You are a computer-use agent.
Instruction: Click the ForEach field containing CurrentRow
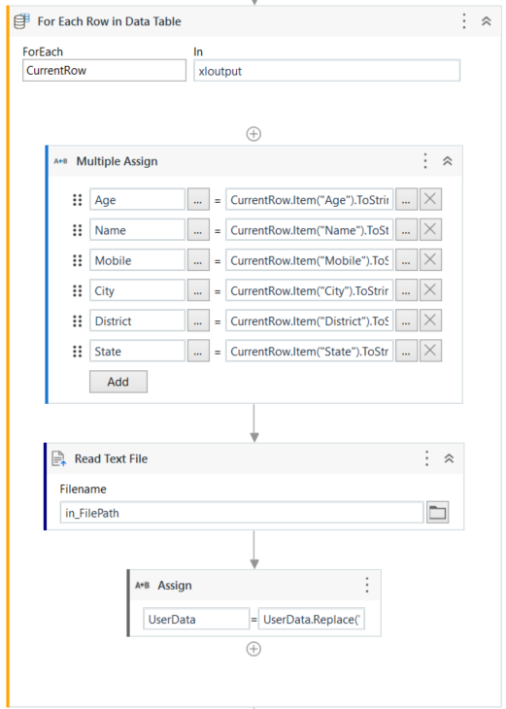tap(104, 71)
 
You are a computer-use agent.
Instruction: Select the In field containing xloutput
tap(327, 71)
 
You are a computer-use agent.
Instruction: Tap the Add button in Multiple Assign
tap(118, 382)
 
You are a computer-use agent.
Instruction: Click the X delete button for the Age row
tap(430, 199)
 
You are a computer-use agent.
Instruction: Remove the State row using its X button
tap(430, 351)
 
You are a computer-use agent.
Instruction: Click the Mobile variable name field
tap(138, 260)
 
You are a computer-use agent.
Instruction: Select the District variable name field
tap(138, 321)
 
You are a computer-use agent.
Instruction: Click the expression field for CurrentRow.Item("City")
tap(309, 290)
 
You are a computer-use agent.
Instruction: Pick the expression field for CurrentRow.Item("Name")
tap(309, 230)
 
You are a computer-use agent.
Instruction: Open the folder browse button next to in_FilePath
tap(437, 512)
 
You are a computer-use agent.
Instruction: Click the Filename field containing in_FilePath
tap(242, 512)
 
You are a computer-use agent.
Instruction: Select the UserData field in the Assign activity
tap(196, 619)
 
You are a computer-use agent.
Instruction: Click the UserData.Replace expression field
tap(311, 619)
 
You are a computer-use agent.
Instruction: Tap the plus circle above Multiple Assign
tap(253, 134)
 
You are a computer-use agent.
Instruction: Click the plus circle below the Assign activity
tap(253, 649)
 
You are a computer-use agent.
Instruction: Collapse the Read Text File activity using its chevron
tap(449, 458)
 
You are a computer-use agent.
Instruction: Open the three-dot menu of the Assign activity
tap(367, 585)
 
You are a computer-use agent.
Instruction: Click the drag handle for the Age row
tap(78, 199)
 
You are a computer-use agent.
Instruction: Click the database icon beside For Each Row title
tap(21, 20)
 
